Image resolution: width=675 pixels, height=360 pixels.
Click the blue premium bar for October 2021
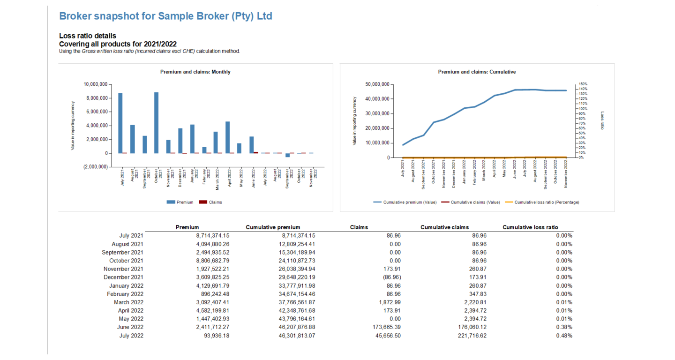click(x=157, y=123)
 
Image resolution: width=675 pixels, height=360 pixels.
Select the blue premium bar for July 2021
click(x=120, y=123)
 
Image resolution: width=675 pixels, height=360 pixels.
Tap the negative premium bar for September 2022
click(x=287, y=155)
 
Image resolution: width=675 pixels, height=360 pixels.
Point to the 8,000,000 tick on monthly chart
click(x=95, y=98)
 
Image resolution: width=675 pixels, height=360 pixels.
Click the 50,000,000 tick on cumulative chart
click(x=377, y=84)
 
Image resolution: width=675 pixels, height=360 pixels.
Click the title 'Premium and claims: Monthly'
click(x=195, y=72)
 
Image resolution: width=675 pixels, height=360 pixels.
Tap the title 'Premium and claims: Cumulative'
click(x=477, y=72)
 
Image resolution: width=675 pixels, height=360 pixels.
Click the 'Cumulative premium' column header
click(x=273, y=227)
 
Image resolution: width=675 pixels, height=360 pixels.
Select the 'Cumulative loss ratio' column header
click(x=530, y=227)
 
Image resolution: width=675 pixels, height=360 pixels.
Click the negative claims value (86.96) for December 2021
click(x=391, y=277)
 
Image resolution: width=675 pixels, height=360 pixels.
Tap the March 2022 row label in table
click(x=128, y=302)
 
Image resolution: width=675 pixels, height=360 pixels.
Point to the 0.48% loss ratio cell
click(x=564, y=336)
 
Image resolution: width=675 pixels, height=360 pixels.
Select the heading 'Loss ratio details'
click(x=88, y=36)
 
